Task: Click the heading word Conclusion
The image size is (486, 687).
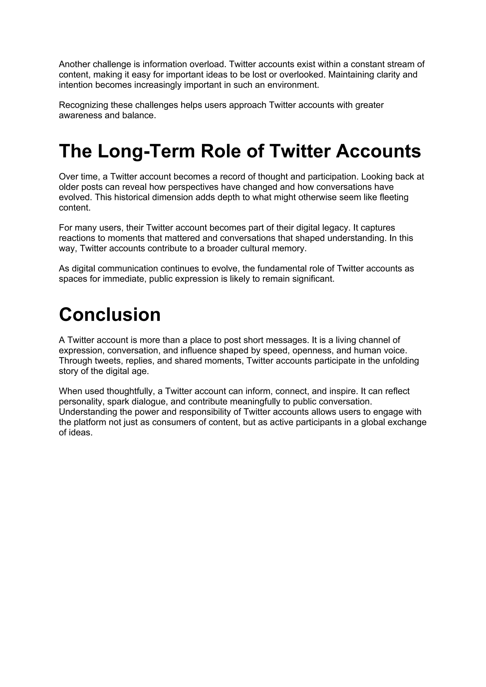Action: tap(110, 315)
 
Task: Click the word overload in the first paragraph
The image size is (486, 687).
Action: tap(208, 64)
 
